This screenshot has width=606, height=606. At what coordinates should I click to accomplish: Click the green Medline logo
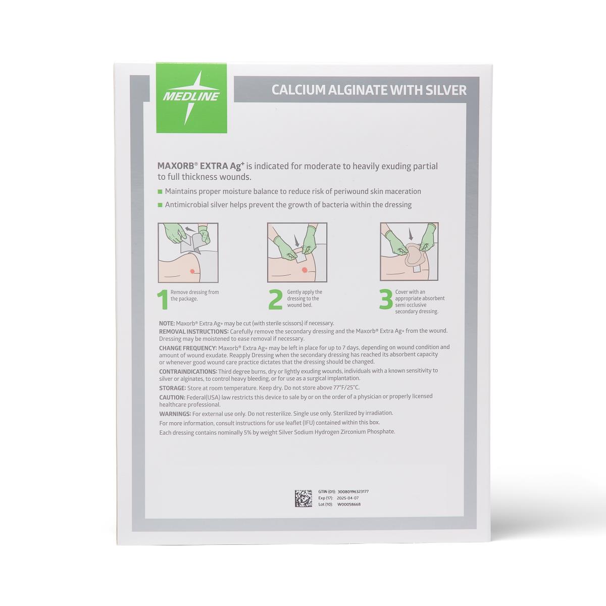191,98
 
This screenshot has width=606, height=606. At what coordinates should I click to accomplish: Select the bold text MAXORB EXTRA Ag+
201,166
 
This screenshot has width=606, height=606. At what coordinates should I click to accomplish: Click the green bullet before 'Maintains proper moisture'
160,191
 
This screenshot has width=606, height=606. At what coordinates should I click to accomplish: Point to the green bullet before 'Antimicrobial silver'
160,205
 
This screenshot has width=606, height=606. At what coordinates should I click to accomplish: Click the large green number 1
163,299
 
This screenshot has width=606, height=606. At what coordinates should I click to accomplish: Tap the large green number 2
276,299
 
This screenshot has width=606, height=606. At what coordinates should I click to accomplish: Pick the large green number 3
386,299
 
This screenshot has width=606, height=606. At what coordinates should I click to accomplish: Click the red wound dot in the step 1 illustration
192,271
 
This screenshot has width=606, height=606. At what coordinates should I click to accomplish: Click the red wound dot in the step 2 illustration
304,270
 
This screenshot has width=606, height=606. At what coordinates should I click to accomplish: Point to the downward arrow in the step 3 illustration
410,234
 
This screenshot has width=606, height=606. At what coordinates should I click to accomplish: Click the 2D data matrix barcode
303,498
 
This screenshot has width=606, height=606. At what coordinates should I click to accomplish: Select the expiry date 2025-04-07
347,498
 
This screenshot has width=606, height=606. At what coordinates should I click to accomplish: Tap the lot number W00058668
349,504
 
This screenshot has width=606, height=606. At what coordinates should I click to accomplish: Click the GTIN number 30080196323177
353,491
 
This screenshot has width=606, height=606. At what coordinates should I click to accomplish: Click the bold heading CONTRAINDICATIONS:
188,371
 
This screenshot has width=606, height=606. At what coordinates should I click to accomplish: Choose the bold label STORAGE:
173,388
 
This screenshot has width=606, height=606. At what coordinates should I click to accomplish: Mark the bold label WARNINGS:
175,414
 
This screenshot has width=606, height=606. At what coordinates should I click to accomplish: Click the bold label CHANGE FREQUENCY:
188,348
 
